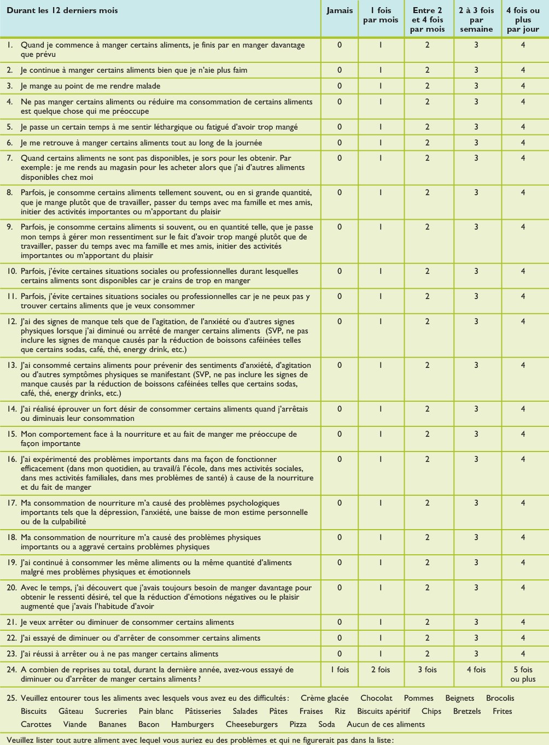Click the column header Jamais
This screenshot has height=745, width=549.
(x=340, y=11)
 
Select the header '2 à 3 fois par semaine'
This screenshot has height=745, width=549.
(x=476, y=20)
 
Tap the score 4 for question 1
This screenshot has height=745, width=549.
(x=523, y=45)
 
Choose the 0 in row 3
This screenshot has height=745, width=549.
(x=340, y=86)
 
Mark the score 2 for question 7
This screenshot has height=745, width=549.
(x=428, y=159)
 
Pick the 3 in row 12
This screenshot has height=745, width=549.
(x=476, y=322)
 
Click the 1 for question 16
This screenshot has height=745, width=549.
(x=381, y=460)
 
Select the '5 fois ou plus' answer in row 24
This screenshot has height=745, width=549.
(x=523, y=674)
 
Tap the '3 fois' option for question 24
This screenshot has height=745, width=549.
(x=428, y=670)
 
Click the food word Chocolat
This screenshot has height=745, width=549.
(x=376, y=698)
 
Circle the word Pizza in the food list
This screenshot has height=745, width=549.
(x=298, y=724)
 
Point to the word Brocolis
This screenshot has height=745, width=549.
(x=500, y=698)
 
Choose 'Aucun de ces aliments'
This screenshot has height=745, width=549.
(x=386, y=724)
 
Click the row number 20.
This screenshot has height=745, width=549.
(x=11, y=588)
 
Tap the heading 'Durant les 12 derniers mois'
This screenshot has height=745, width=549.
(x=62, y=11)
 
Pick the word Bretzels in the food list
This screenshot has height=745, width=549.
(x=467, y=711)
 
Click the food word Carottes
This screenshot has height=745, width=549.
(x=36, y=724)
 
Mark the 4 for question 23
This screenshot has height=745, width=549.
(x=523, y=654)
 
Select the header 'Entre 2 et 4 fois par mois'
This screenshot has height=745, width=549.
(x=428, y=20)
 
